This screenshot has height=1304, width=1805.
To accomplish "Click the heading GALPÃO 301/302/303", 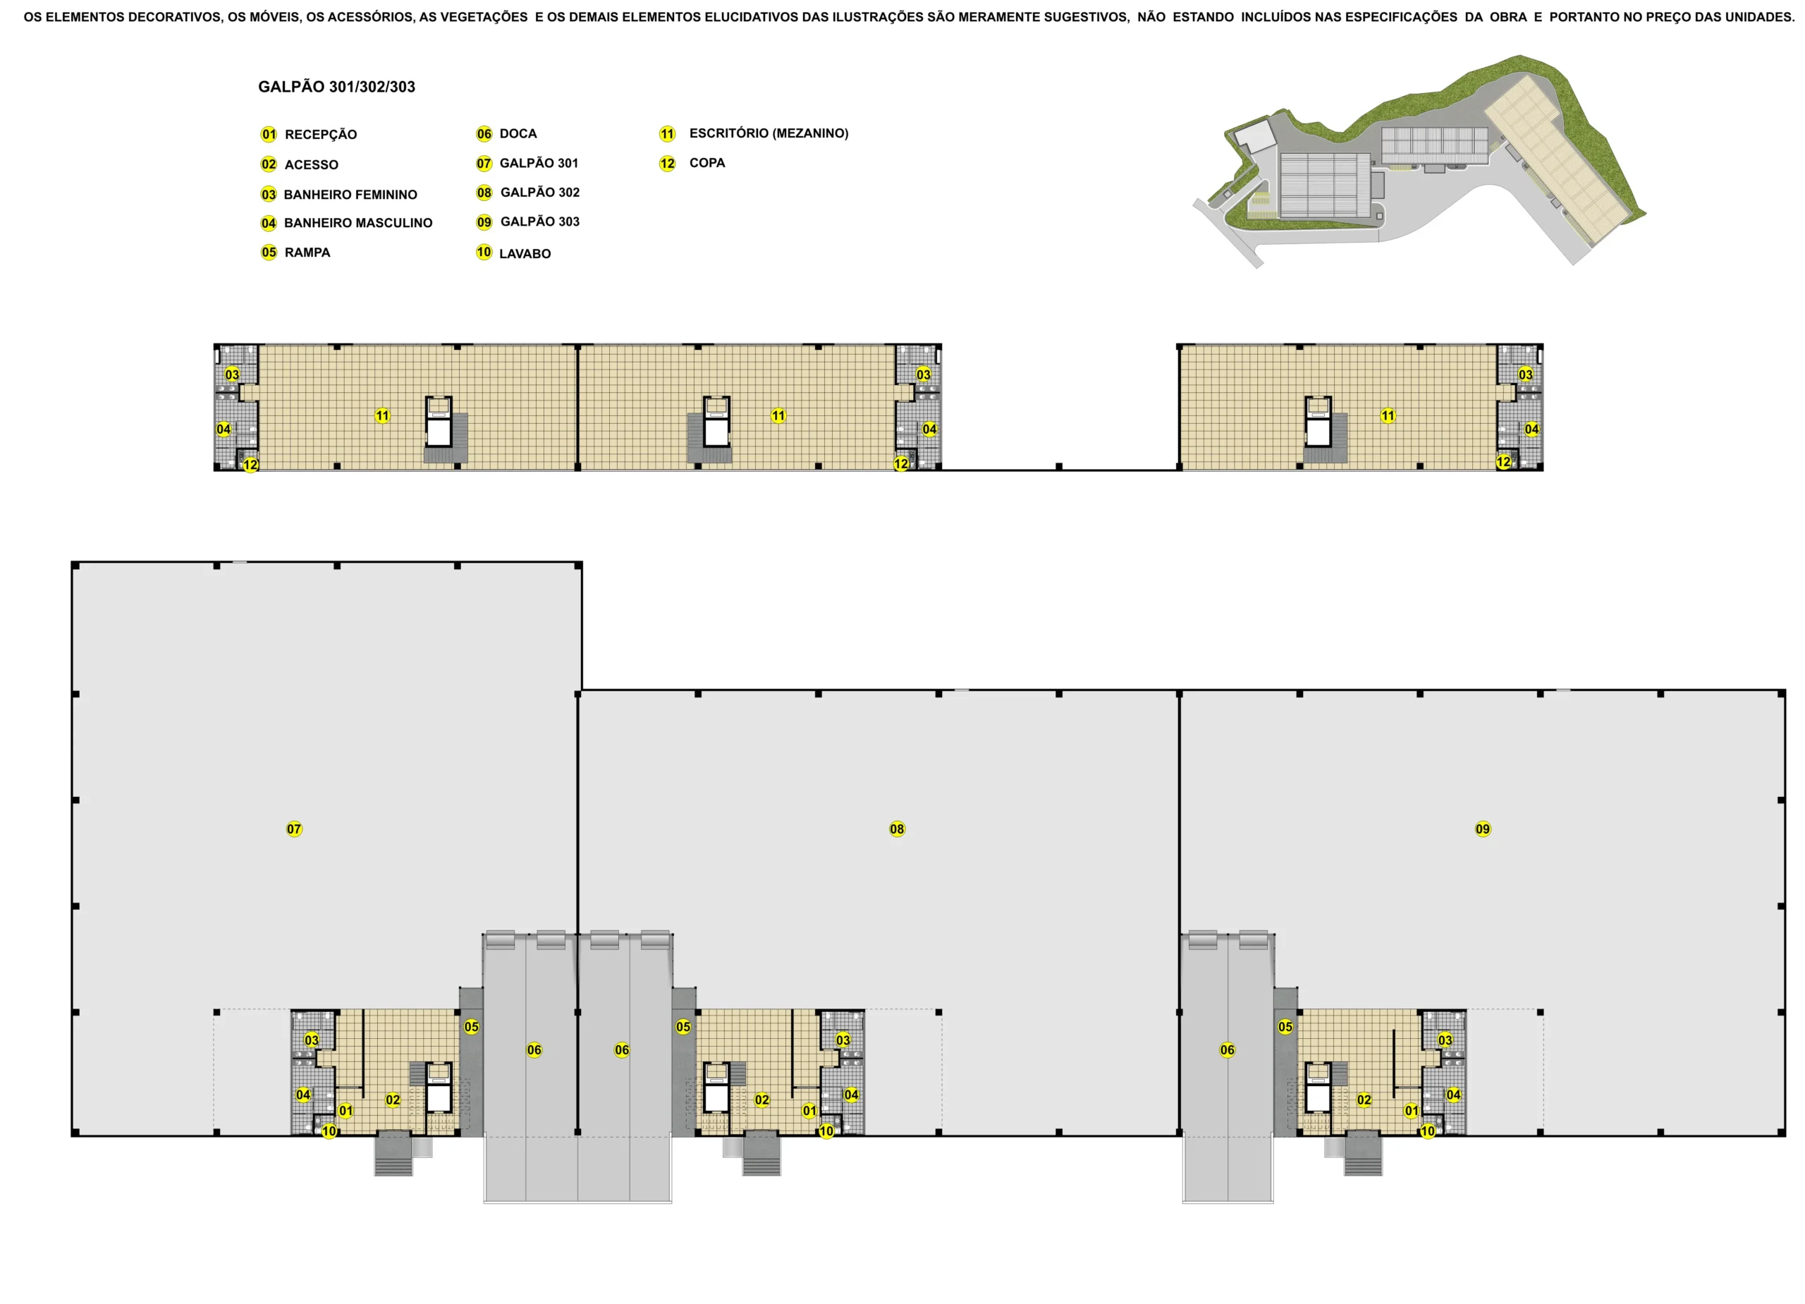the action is (336, 87).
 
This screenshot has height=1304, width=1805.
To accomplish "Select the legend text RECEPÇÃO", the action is (321, 135).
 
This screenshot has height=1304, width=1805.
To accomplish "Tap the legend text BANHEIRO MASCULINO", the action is (358, 223).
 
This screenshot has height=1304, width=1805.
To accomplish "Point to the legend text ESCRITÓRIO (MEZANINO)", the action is (769, 133).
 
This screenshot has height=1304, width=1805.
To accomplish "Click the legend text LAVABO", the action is (525, 254).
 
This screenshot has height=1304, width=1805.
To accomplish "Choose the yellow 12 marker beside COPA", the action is (667, 163).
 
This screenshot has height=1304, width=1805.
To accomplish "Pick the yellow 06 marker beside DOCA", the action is (484, 134).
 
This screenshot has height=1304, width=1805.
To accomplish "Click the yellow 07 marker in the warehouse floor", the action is (295, 829).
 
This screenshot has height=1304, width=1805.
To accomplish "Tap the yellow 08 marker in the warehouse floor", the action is (897, 829).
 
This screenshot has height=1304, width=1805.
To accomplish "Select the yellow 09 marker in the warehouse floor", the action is (1483, 829).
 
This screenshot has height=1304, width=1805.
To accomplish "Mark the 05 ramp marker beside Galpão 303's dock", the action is (1285, 1027).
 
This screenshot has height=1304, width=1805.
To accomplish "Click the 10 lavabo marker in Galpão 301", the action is (329, 1131).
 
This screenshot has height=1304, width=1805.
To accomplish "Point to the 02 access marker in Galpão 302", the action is (762, 1099).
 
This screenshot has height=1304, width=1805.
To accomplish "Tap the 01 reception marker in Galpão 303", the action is (1412, 1111).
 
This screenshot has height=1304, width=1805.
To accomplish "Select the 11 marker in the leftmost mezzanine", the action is (383, 415).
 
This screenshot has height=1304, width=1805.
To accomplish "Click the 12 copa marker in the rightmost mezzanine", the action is (1503, 462).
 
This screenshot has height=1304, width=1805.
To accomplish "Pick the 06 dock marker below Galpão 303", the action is (1228, 1050).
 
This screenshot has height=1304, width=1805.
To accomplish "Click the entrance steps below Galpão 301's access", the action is (394, 1154).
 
